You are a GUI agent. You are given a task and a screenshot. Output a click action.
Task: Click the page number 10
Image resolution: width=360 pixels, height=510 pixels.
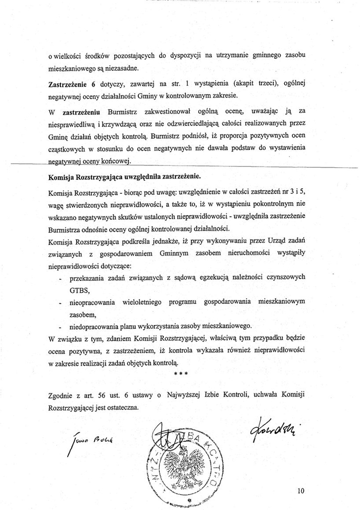[300, 491]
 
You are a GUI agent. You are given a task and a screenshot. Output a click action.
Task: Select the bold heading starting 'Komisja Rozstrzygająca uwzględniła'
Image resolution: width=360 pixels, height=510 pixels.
[124, 176]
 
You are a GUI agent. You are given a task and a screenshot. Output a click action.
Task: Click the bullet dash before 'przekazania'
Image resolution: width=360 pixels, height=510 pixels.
[60, 277]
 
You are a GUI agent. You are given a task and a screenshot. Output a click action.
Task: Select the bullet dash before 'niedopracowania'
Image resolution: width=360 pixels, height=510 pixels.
[60, 327]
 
